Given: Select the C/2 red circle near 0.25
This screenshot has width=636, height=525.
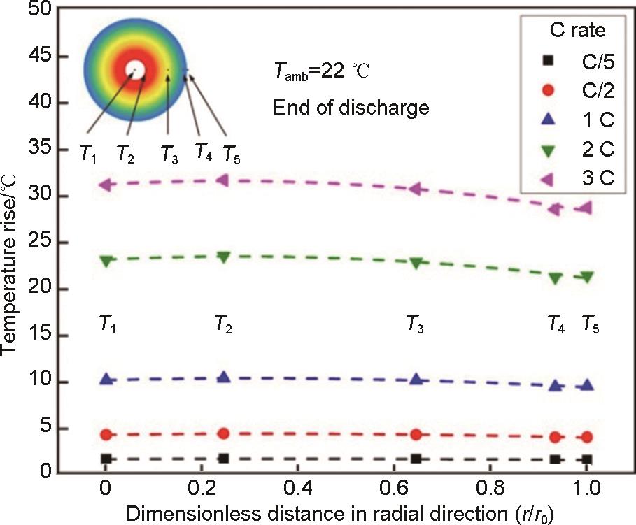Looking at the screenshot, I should point(224,433).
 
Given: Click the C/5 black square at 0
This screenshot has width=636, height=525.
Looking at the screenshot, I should point(106,459).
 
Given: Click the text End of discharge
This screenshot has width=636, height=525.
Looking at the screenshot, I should point(351,108).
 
